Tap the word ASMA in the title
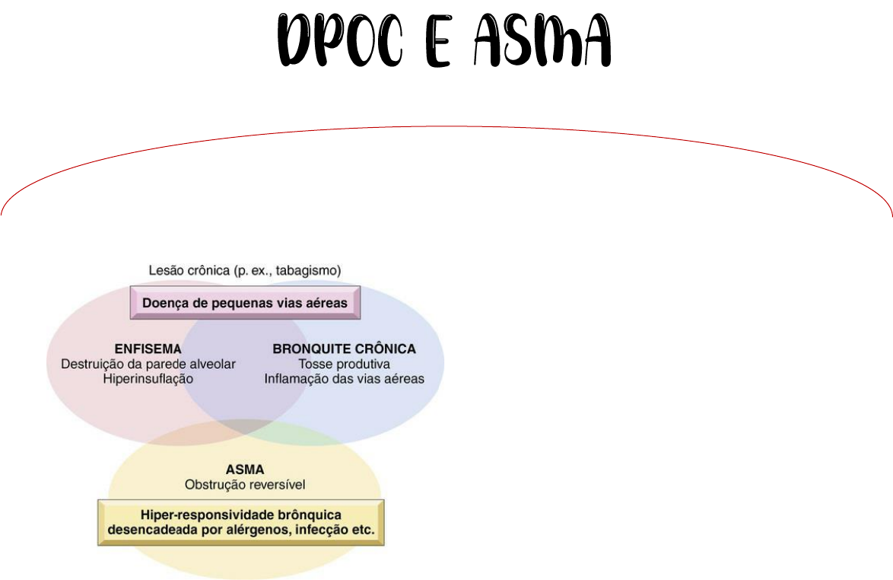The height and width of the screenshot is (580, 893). (542, 42)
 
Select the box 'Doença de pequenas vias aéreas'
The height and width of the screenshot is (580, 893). (245, 303)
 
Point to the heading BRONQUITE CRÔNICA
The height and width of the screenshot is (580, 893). (344, 349)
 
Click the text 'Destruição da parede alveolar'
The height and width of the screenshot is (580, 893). (148, 364)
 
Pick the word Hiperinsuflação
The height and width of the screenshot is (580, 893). (148, 378)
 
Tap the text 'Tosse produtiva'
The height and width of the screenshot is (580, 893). (344, 364)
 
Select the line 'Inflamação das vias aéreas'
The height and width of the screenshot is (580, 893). (344, 378)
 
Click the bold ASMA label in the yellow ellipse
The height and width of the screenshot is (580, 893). (245, 470)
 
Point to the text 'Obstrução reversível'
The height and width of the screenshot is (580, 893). (245, 484)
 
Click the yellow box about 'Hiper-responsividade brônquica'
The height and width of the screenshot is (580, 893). (241, 522)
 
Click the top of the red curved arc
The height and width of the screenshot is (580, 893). (446, 127)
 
